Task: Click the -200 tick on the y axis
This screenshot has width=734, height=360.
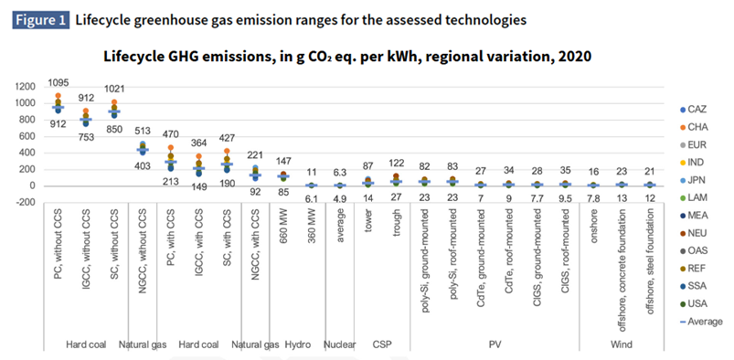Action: [x=24, y=202]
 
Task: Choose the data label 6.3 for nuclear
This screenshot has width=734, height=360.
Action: [x=339, y=171]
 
